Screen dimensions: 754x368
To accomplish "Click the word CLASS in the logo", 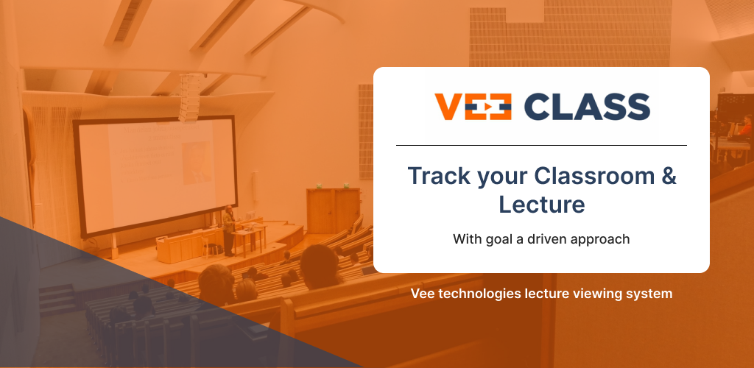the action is pos(587,107).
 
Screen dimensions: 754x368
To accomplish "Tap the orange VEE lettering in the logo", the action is pos(473,107).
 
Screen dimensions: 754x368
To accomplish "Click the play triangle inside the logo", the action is pos(487,107).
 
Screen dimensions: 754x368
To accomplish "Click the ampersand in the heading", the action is pos(669,176).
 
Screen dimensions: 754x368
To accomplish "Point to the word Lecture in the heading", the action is pos(541,204).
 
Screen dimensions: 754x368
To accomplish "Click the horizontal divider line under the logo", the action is pos(541,145).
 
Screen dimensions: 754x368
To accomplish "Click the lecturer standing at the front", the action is pos(229,230).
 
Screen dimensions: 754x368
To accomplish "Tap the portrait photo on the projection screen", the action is pos(197,163).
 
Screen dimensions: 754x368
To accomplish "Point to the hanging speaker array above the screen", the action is pos(189,98).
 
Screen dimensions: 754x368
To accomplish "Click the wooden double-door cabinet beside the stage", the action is pos(334,210).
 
